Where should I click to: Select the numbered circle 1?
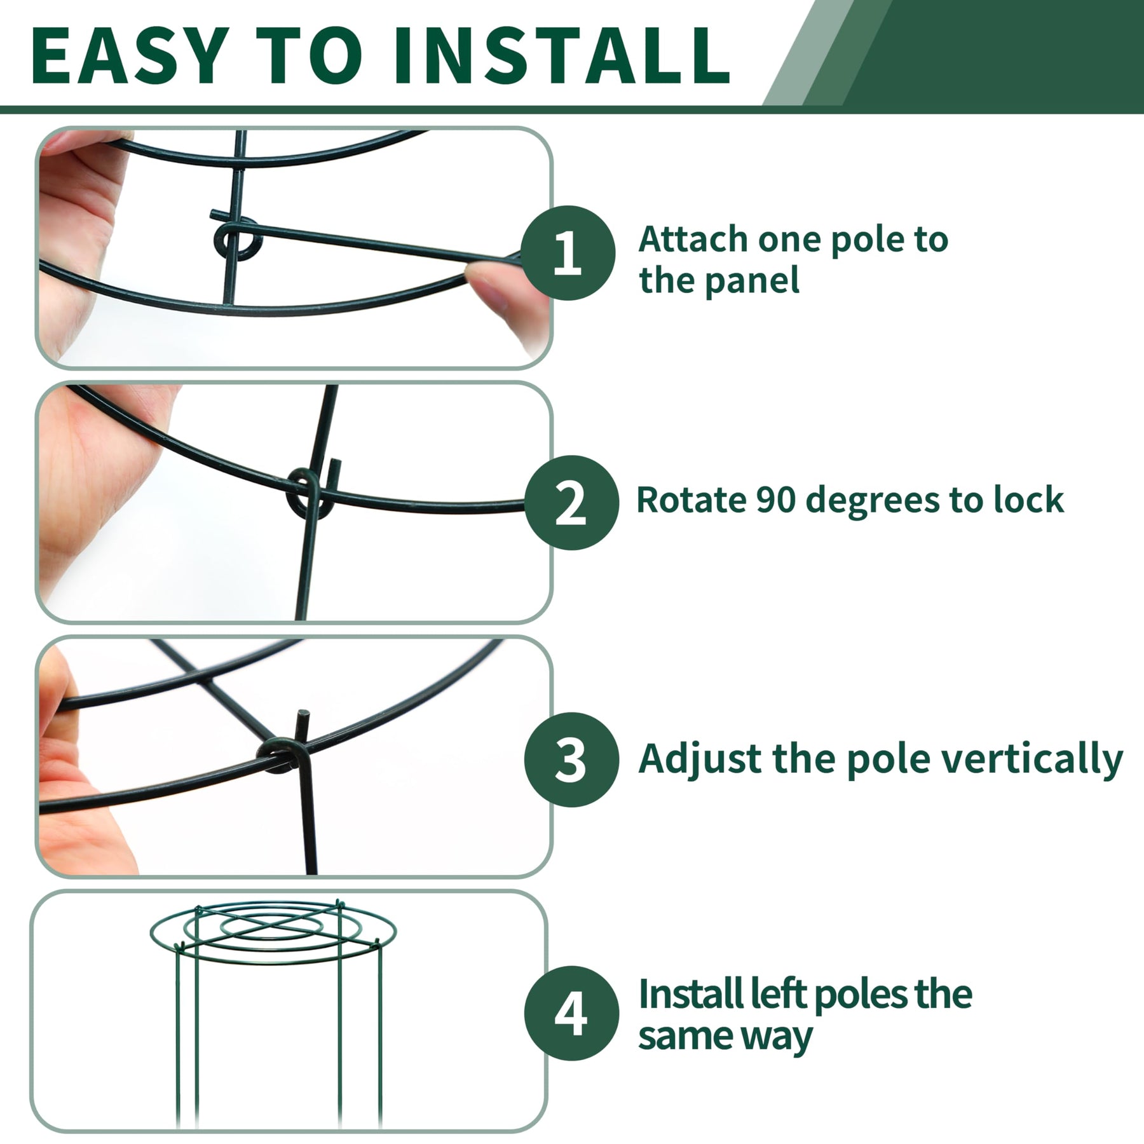(568, 253)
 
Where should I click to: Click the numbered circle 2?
(571, 503)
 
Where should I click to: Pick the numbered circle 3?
(571, 760)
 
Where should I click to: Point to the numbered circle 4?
(571, 1013)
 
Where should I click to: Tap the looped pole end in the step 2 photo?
(310, 493)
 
